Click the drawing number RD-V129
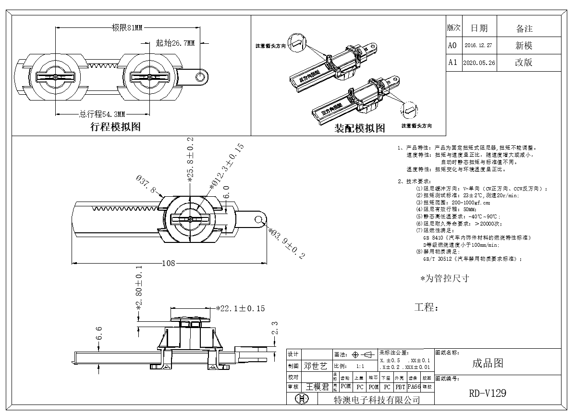click(x=488, y=393)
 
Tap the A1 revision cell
click(x=452, y=63)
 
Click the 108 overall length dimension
click(x=168, y=263)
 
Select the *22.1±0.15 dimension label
click(x=240, y=308)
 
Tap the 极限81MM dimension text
click(x=127, y=28)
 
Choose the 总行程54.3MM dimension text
click(x=102, y=114)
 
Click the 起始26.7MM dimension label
click(x=175, y=43)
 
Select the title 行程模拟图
click(x=115, y=127)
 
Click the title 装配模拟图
click(x=360, y=128)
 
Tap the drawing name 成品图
click(x=488, y=363)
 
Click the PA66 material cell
click(x=414, y=386)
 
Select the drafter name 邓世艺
click(x=316, y=366)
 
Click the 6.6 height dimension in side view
click(x=99, y=333)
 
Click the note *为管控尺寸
click(x=444, y=279)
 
